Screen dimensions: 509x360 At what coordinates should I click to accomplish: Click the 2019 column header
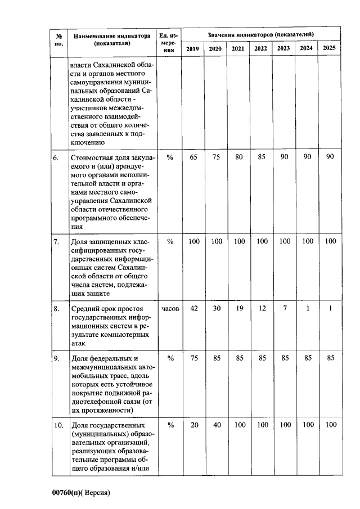[x=192, y=49]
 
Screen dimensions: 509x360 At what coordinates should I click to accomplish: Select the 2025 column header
[x=330, y=48]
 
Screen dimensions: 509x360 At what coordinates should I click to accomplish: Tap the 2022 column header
[x=260, y=49]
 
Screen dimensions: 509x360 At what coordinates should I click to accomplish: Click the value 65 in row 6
[x=193, y=157]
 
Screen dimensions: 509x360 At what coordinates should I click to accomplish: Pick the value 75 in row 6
[x=215, y=157]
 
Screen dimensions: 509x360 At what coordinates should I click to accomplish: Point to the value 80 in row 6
[x=238, y=157]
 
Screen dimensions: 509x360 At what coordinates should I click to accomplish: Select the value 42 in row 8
[x=193, y=309]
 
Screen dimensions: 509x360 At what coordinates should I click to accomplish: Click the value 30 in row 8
[x=215, y=309]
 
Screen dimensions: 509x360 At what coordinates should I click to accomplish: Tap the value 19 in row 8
[x=238, y=309]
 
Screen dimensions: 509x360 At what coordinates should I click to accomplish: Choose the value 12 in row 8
[x=261, y=309]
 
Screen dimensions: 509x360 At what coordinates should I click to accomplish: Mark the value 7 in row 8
[x=284, y=309]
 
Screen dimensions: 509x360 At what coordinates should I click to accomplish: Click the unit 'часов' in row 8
[x=170, y=309]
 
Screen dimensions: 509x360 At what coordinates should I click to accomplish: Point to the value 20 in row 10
[x=194, y=425]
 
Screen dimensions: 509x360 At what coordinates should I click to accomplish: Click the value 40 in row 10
[x=217, y=425]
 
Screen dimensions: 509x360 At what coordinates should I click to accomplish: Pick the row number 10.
[x=58, y=425]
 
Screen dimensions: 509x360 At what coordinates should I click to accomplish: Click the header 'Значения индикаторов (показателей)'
[x=261, y=35]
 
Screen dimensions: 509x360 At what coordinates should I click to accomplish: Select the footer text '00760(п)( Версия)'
[x=81, y=493]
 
